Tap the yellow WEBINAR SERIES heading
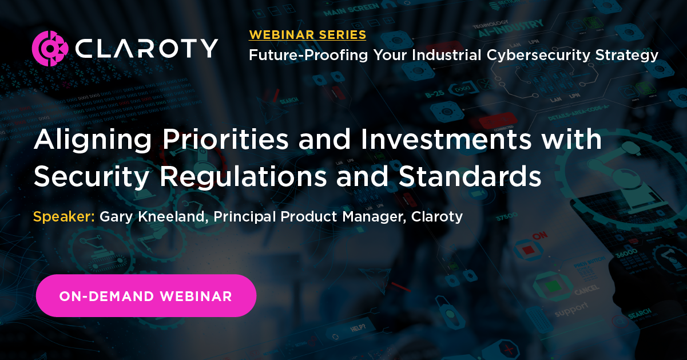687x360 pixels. coord(308,35)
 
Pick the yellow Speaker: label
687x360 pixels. coord(64,217)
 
